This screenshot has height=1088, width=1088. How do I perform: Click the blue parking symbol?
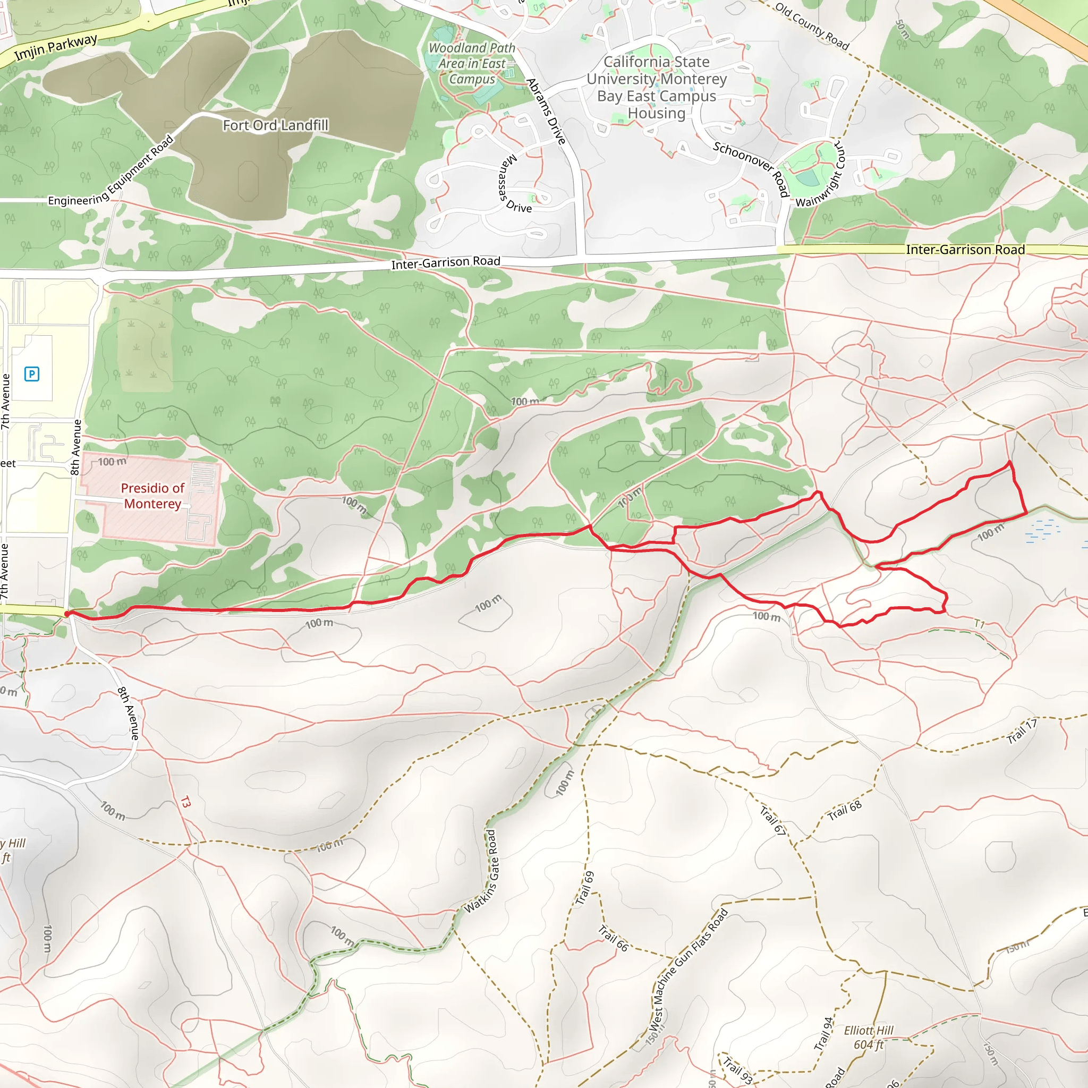(x=32, y=373)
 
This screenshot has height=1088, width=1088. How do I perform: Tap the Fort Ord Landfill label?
(x=275, y=125)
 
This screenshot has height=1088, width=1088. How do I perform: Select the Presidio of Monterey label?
(x=152, y=496)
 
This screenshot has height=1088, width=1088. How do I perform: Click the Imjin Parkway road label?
(x=56, y=47)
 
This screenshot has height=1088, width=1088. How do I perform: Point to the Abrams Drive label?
(x=546, y=112)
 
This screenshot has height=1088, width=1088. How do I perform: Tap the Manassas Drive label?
(x=514, y=185)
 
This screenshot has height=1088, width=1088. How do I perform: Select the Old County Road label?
(x=812, y=26)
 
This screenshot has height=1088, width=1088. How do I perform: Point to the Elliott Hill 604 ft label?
(x=869, y=1038)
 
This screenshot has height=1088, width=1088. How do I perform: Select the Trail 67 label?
(x=772, y=820)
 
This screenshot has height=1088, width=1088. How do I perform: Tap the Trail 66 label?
(x=613, y=938)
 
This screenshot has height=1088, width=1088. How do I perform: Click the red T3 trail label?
(x=185, y=801)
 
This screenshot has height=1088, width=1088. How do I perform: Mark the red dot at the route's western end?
(x=67, y=614)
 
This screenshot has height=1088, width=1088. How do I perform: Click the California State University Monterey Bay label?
(x=657, y=87)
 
